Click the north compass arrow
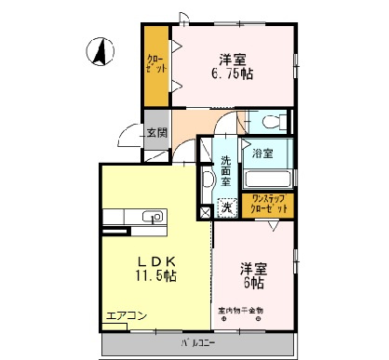point(100,51)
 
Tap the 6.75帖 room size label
point(238,76)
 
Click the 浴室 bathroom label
point(263,153)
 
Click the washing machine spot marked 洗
point(226,208)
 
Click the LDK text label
point(151,260)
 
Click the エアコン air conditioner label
point(127,316)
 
